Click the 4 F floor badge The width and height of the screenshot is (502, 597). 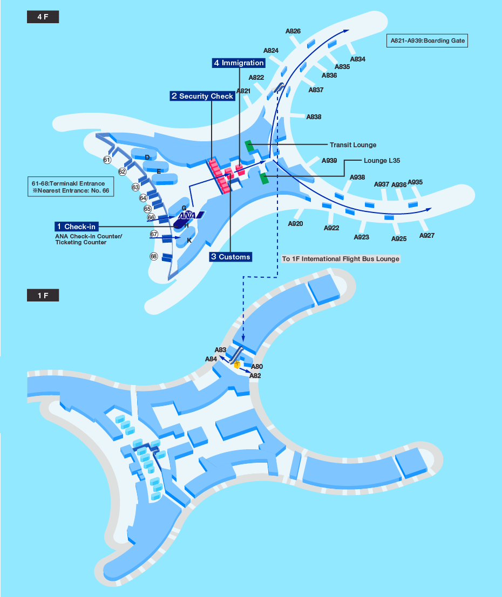pos(43,17)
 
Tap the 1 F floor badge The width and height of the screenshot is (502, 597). pos(43,296)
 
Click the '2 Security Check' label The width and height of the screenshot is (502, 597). pos(202,96)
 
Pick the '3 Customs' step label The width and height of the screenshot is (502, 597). pos(230,257)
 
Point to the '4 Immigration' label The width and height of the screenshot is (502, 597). pos(239,63)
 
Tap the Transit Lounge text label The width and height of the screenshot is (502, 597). pos(353,145)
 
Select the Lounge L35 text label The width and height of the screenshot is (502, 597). pos(382,161)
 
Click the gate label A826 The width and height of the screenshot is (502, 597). pos(293,31)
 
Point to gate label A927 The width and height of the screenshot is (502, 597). pos(427,236)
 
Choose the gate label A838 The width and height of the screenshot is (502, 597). pos(314,116)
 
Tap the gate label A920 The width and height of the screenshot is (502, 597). pos(295,224)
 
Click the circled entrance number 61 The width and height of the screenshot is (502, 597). pos(107,160)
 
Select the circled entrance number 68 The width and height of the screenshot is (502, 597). pos(154,257)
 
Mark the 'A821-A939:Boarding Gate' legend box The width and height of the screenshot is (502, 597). pos(427,41)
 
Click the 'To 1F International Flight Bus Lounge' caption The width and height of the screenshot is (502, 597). pos(341,259)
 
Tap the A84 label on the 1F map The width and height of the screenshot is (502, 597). pos(211,359)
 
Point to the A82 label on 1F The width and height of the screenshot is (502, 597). pos(255,376)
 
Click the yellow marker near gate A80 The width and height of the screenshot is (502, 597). pos(237,365)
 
